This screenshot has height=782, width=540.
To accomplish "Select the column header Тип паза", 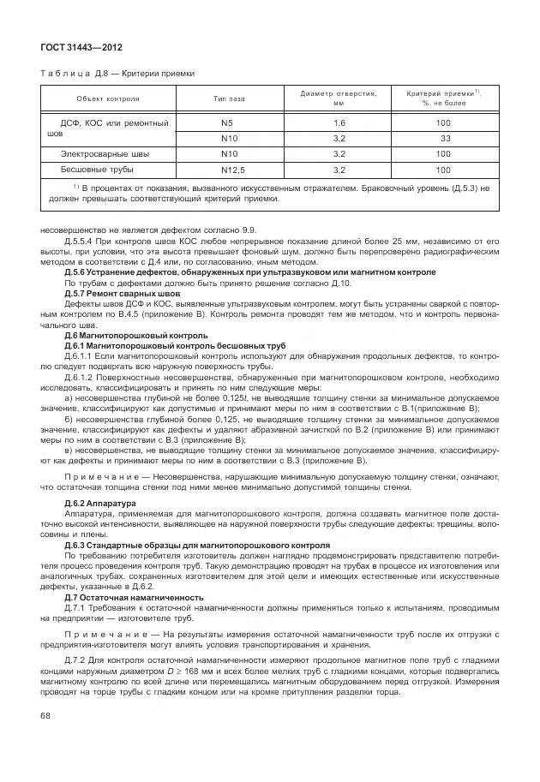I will click(229, 98).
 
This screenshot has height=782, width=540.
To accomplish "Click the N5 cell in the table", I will click(229, 122).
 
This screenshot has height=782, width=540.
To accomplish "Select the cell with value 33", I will click(445, 138).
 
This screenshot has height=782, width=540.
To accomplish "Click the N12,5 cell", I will click(229, 169).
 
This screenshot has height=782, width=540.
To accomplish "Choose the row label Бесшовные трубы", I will click(96, 169).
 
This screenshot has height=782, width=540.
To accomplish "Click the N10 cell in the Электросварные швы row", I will click(229, 153).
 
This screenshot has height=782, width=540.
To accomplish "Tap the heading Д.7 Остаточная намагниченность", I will click(134, 597).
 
